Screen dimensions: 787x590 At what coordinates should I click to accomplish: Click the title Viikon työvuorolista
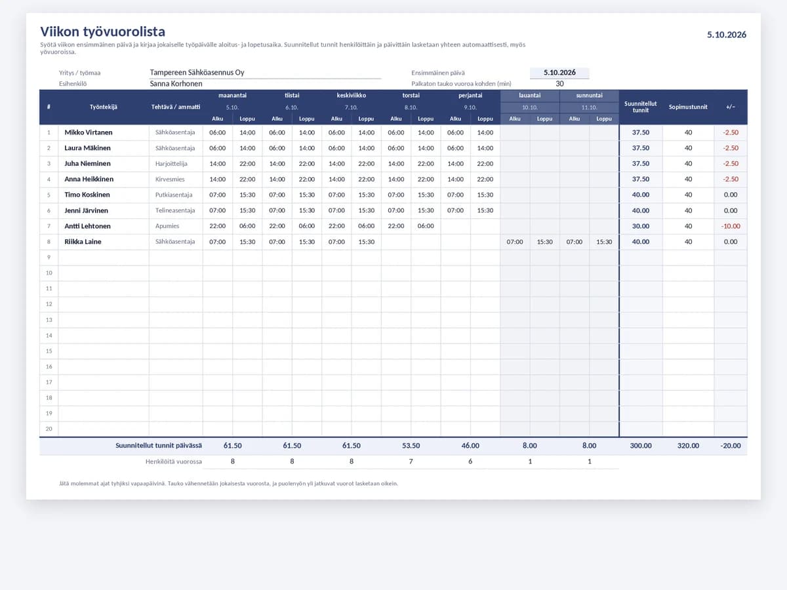pyautogui.click(x=102, y=32)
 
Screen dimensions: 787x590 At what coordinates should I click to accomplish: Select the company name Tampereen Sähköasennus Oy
pyautogui.click(x=197, y=72)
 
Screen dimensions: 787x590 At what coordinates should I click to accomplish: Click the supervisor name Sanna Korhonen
pyautogui.click(x=176, y=83)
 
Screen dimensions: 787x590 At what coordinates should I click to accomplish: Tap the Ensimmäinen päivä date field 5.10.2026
pyautogui.click(x=559, y=72)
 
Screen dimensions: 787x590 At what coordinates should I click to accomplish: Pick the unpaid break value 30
pyautogui.click(x=559, y=83)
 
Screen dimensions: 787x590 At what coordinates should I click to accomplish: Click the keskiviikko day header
pyautogui.click(x=351, y=95)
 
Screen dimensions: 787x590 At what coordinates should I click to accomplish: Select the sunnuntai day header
pyautogui.click(x=589, y=95)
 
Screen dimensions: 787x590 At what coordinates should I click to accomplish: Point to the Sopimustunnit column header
pyautogui.click(x=688, y=107)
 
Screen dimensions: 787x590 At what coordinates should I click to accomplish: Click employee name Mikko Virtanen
pyautogui.click(x=88, y=132)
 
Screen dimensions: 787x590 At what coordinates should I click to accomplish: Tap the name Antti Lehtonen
pyautogui.click(x=87, y=226)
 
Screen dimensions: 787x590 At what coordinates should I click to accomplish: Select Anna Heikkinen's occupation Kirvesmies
pyautogui.click(x=170, y=179)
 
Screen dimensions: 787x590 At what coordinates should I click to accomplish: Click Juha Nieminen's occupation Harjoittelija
pyautogui.click(x=171, y=164)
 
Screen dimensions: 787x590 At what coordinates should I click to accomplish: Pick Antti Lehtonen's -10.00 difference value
pyautogui.click(x=731, y=226)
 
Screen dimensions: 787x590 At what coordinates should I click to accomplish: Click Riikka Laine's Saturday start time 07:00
pyautogui.click(x=515, y=242)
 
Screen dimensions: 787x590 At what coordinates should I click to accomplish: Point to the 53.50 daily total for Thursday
pyautogui.click(x=411, y=446)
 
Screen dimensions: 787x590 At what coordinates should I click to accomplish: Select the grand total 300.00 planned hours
pyautogui.click(x=640, y=446)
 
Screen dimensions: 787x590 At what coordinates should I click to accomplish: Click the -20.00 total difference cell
pyautogui.click(x=731, y=446)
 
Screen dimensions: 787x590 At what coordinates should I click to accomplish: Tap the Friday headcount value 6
pyautogui.click(x=470, y=462)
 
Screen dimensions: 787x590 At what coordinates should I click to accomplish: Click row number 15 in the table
pyautogui.click(x=49, y=351)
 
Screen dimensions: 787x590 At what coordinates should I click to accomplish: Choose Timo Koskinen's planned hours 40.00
pyautogui.click(x=640, y=195)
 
